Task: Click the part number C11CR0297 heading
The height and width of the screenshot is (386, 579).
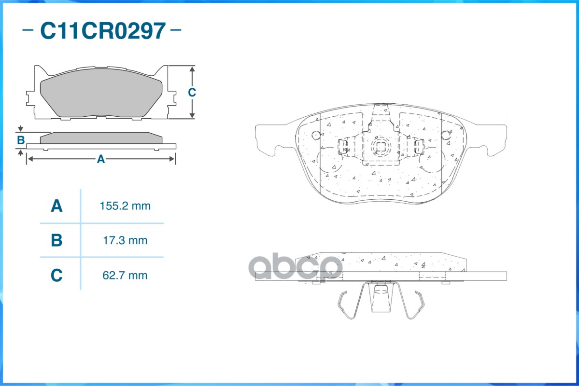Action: click(103, 30)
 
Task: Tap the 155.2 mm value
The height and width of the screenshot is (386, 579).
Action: click(125, 206)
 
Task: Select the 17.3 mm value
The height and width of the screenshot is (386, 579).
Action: click(125, 241)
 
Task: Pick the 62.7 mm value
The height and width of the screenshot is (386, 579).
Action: click(125, 276)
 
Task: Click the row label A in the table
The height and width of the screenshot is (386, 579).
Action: click(56, 206)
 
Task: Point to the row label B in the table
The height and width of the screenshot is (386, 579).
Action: click(56, 241)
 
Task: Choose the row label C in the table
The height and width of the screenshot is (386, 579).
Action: click(56, 276)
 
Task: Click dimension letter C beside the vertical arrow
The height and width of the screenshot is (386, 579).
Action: click(192, 92)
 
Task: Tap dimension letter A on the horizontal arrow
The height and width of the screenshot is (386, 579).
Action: click(101, 159)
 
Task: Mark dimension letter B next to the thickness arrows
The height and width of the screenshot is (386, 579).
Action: click(21, 140)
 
